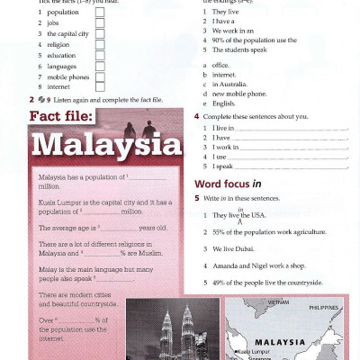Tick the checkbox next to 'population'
coord(99,13)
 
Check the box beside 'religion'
coord(99,44)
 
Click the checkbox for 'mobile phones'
coord(99,76)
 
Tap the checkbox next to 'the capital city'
coord(99,33)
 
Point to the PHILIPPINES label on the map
coord(325,307)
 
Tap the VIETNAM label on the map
coord(266,303)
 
